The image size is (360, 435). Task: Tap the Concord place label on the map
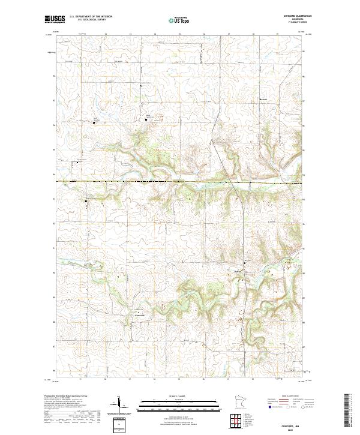(139, 314)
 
